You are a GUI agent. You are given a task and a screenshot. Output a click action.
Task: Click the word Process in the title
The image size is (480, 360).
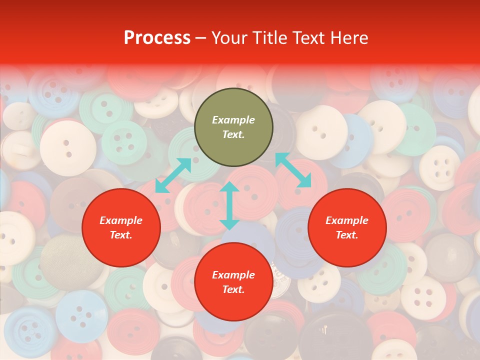tap(157, 38)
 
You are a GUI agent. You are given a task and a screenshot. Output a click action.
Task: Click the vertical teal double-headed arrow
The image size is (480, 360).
tap(229, 205)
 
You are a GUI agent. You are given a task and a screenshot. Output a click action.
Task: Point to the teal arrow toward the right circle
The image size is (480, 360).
tap(293, 170)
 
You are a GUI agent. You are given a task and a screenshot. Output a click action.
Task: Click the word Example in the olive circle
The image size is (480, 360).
tap(233, 120)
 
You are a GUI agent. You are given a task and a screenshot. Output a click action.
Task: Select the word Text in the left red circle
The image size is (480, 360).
tap(121, 235)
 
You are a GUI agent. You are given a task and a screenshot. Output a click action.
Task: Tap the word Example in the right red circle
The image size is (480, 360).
tap(347, 220)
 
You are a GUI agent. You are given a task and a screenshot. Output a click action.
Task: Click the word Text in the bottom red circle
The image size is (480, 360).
tap(233, 289)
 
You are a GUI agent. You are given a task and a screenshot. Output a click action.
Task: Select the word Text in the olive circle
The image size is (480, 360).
tap(233, 134)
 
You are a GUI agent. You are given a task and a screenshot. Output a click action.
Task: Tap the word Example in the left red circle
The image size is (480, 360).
tap(121, 220)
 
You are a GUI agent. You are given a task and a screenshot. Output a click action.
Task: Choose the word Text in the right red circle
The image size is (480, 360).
tap(347, 235)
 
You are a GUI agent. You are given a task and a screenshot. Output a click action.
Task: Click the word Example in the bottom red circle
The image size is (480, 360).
tap(233, 275)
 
